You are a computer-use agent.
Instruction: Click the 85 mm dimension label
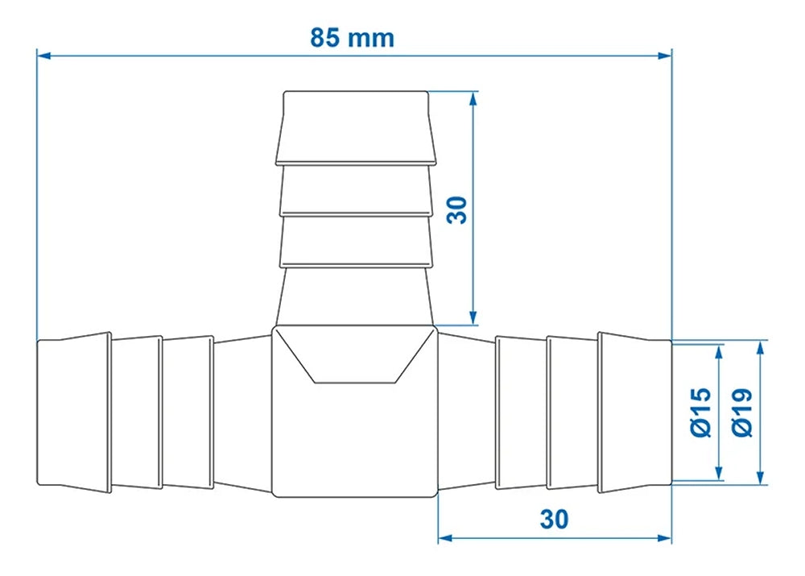(353, 37)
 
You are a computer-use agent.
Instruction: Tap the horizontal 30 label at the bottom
(554, 519)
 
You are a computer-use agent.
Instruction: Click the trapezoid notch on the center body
(354, 358)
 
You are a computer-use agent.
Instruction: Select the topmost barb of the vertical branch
(355, 128)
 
